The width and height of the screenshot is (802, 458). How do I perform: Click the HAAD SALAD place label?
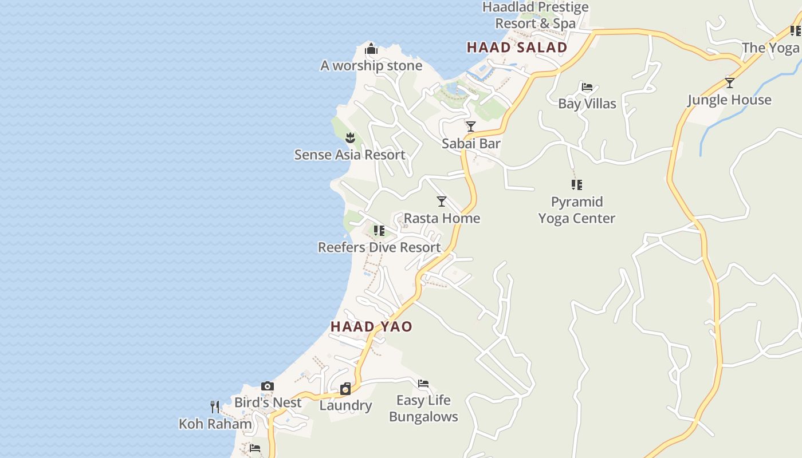pos(517,48)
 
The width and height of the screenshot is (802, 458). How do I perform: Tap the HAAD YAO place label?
pos(371,326)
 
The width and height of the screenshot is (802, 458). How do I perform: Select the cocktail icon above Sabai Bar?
pos(471,127)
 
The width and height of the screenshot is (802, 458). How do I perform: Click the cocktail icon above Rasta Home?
pos(442,201)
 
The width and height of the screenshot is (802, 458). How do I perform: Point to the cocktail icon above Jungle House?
pos(730,82)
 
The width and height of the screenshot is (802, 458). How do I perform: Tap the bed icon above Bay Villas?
pos(587,87)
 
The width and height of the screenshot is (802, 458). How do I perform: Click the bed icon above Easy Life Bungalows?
pos(423,383)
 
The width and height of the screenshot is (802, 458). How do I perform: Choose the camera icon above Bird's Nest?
pos(268,386)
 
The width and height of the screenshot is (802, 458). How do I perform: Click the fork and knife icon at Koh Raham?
pos(215,407)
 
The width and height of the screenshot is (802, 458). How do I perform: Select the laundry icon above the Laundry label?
pos(345,389)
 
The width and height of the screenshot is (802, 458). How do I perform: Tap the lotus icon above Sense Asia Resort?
pos(350,137)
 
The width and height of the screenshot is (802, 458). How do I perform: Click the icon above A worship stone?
pos(371,49)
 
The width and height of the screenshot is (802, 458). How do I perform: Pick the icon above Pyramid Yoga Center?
pos(577,184)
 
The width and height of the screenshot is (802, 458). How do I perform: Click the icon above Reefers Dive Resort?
pos(379,230)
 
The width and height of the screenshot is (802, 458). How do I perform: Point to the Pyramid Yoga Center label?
pos(577,210)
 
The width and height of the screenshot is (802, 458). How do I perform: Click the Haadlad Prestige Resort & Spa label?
pos(536,15)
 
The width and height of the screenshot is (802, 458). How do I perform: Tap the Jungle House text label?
pos(729,100)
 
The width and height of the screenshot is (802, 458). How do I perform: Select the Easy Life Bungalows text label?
pos(423,408)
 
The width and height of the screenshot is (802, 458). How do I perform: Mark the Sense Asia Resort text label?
pos(349,155)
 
